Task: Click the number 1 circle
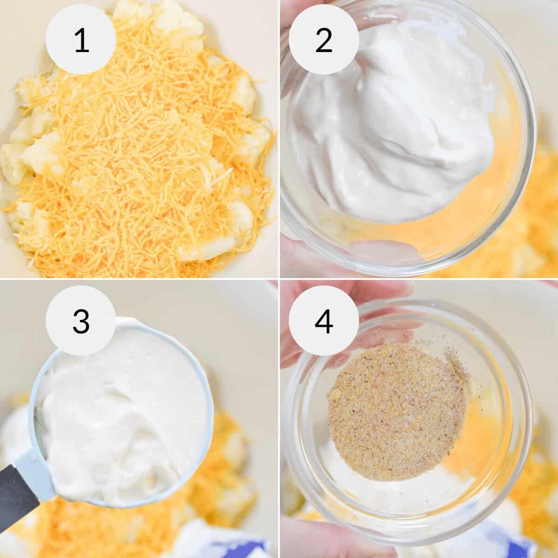(x=81, y=41)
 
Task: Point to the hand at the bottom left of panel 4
(x=298, y=535)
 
